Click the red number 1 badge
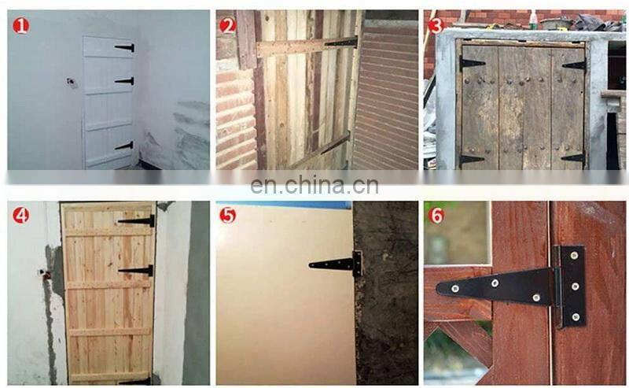point(21,26)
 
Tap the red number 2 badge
point(228,27)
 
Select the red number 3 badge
point(436,26)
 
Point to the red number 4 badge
point(21,216)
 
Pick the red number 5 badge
point(228,216)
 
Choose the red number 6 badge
point(436,216)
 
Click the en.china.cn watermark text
point(314,185)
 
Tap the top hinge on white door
point(125,48)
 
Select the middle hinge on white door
point(125,81)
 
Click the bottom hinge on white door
point(124,146)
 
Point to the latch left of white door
point(72,83)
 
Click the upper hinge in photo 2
point(341,42)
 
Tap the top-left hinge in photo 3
point(472,63)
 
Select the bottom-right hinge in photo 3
point(573,158)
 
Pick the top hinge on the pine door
point(137,221)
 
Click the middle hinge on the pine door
point(136,271)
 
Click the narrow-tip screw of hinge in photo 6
point(455,288)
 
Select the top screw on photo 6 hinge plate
point(575,255)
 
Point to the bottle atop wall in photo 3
point(532,19)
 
